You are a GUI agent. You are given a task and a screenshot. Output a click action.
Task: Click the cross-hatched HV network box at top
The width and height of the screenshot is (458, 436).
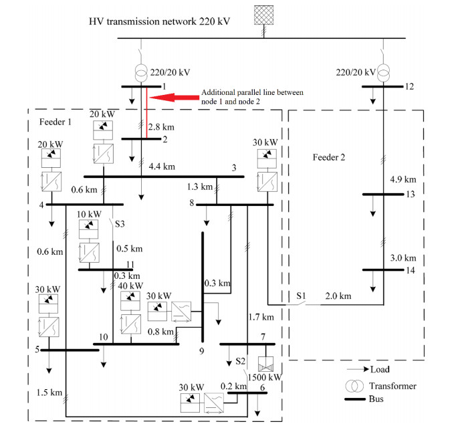point(263,15)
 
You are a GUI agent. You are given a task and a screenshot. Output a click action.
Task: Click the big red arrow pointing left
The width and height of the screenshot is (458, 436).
point(175,98)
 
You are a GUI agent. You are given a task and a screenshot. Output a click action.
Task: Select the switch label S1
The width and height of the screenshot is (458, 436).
point(301,296)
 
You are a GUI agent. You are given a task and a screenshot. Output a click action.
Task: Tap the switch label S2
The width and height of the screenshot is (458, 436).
point(241,361)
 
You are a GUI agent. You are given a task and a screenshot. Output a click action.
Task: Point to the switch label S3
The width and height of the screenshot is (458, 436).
point(120,224)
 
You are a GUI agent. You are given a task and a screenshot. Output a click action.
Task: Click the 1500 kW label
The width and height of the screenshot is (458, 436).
point(265,377)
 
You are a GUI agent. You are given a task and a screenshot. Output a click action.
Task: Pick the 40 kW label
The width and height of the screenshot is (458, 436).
point(130,286)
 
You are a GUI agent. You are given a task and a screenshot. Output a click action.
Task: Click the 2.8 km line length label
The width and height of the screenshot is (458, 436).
point(161,127)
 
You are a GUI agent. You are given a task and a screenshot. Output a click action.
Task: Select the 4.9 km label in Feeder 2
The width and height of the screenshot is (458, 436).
point(403,179)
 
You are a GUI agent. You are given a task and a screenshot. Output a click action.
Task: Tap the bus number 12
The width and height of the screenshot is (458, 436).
point(409,86)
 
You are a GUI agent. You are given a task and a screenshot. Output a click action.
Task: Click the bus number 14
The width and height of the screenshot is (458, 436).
point(411,270)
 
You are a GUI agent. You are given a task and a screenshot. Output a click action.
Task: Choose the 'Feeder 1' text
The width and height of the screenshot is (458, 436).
point(55,122)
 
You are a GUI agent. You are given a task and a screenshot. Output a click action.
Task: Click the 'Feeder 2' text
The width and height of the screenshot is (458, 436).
point(329,157)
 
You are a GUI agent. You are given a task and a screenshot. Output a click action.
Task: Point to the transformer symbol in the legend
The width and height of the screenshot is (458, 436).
point(354,386)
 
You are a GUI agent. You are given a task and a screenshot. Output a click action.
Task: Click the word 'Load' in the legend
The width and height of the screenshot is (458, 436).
point(380,369)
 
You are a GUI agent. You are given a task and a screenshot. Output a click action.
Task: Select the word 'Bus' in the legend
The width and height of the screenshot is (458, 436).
point(376,399)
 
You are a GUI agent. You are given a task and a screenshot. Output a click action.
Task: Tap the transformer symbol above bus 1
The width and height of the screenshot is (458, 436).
point(141,73)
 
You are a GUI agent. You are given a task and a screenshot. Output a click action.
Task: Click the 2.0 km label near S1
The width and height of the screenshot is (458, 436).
point(338,296)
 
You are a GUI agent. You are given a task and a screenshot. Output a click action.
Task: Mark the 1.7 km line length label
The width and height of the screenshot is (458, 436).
point(261,317)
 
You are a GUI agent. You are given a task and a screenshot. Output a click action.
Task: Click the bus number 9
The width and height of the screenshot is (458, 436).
point(202,351)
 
